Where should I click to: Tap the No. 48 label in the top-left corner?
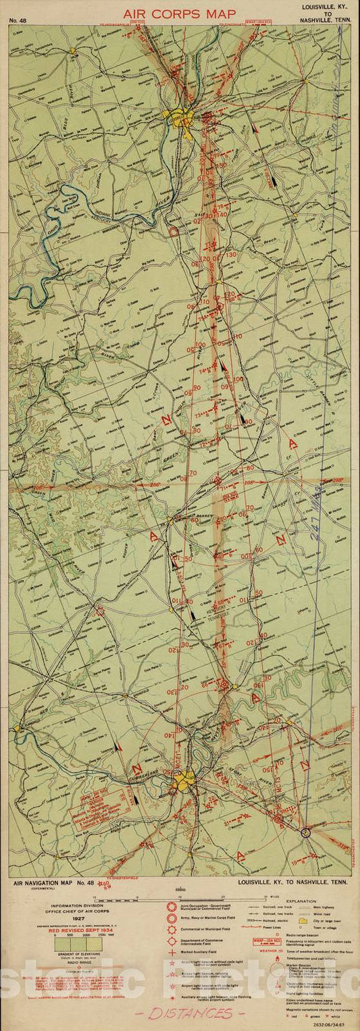pyautogui.click(x=20, y=20)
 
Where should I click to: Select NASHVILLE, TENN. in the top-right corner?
pyautogui.click(x=321, y=20)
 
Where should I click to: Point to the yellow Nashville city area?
pyautogui.click(x=183, y=783)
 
